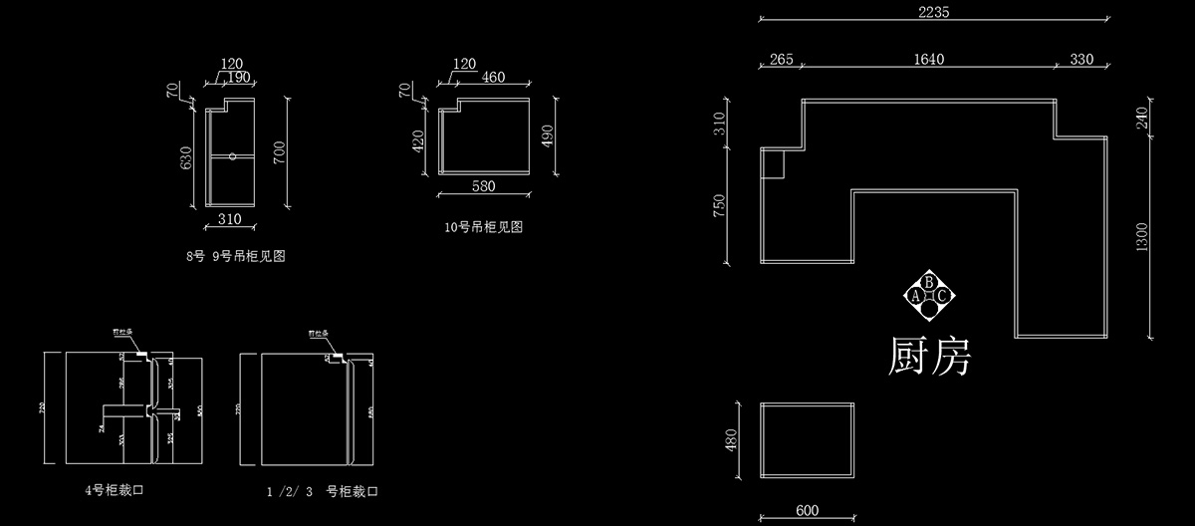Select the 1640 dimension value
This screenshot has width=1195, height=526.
[x=928, y=60]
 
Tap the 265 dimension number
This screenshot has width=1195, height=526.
[x=782, y=60]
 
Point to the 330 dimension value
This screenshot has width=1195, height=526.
[x=1081, y=60]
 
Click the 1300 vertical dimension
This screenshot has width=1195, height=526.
[x=1141, y=238]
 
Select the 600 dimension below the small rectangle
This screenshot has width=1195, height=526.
[x=807, y=512]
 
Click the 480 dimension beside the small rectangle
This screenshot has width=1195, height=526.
[x=731, y=439]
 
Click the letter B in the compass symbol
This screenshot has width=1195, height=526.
[x=929, y=282]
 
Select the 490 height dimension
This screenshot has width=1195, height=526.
[x=545, y=136]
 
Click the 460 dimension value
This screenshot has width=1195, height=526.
[x=492, y=77]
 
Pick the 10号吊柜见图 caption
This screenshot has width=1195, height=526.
[x=483, y=227]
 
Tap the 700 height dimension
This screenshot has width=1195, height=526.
[x=280, y=152]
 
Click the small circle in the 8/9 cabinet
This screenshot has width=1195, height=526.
[x=231, y=155]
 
